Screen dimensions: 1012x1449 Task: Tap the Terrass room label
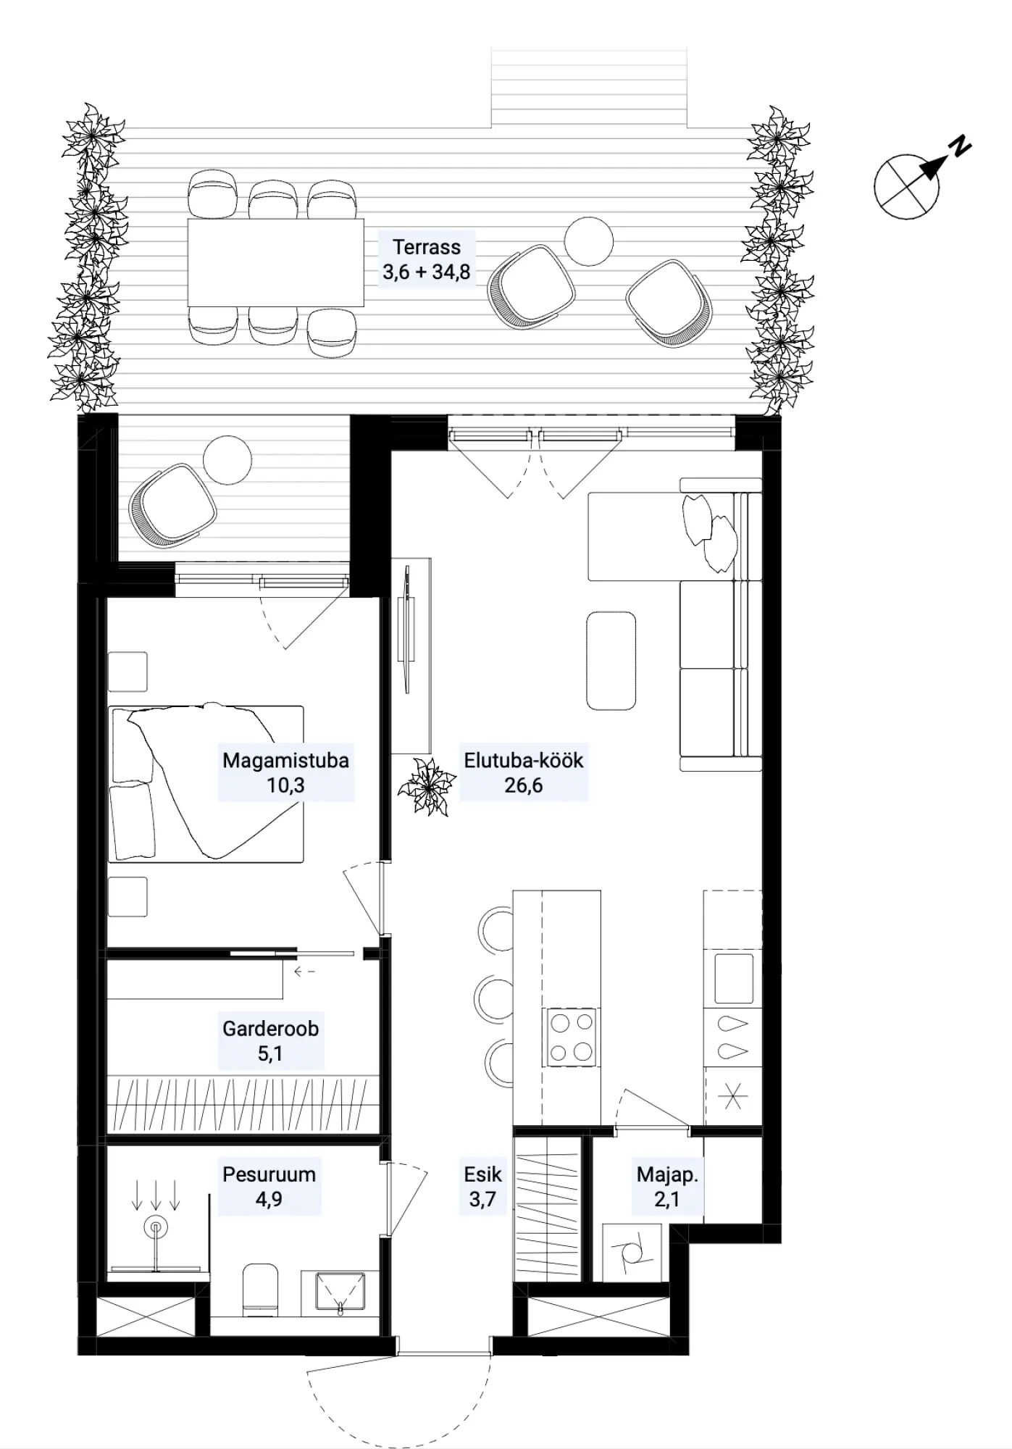click(x=427, y=259)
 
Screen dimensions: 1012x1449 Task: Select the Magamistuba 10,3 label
click(x=285, y=772)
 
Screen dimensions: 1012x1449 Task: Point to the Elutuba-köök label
click(x=524, y=772)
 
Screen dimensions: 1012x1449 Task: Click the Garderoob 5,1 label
click(x=270, y=1040)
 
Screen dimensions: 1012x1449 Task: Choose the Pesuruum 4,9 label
click(x=269, y=1186)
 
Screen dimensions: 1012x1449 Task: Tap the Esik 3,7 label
click(x=482, y=1186)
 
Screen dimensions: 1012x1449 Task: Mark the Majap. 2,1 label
click(x=667, y=1186)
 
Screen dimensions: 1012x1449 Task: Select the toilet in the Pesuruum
click(x=260, y=1290)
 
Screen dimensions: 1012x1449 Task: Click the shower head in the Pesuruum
click(x=154, y=1227)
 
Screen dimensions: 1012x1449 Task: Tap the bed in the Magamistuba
click(x=206, y=782)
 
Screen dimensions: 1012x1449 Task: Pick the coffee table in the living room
click(x=611, y=661)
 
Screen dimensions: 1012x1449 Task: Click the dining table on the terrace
click(x=275, y=262)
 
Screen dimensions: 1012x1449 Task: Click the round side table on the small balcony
click(x=227, y=460)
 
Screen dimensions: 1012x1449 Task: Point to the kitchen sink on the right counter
click(x=733, y=978)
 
